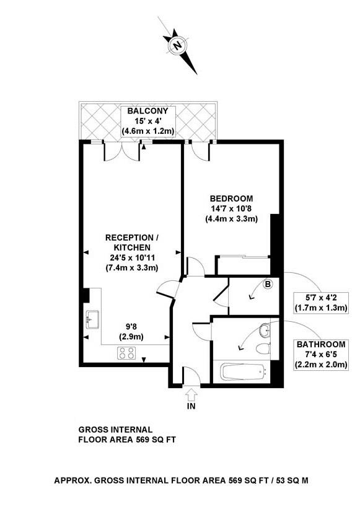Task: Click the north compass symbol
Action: (x=178, y=45)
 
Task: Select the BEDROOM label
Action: (x=231, y=198)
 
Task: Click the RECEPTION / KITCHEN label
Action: (x=131, y=242)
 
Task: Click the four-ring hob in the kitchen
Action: (x=128, y=353)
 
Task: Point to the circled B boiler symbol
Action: (x=268, y=285)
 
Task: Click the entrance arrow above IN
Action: (x=190, y=393)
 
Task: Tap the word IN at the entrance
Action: (x=191, y=407)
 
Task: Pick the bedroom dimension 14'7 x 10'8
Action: (x=231, y=208)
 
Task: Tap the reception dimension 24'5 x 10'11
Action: (x=131, y=257)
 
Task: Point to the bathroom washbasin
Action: (x=265, y=328)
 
